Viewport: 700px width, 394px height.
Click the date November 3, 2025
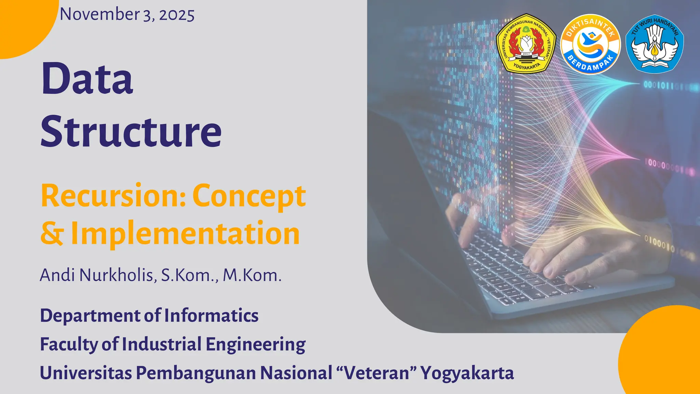tap(127, 15)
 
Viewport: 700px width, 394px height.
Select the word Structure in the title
tap(131, 132)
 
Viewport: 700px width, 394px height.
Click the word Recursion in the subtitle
tap(113, 196)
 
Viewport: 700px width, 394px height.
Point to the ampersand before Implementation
tap(52, 233)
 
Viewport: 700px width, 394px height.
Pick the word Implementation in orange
tap(185, 233)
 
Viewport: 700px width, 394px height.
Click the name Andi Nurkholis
tap(97, 275)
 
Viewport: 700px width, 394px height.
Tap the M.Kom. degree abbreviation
tap(252, 275)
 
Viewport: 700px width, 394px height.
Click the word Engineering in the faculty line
tap(255, 344)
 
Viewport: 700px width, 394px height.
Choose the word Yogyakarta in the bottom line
tap(467, 373)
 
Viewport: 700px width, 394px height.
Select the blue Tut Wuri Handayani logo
tap(655, 43)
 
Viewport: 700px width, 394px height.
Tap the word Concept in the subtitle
tap(249, 196)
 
